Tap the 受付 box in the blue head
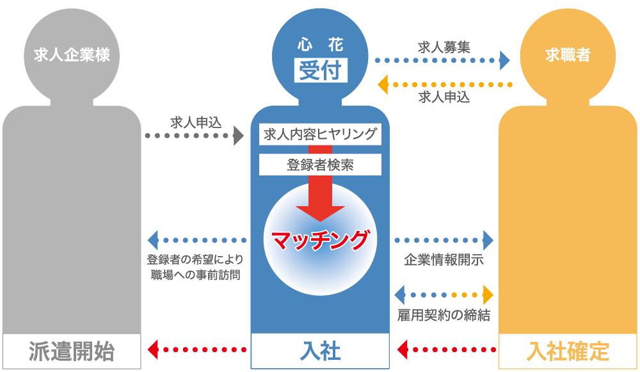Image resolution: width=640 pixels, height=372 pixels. coord(320,69)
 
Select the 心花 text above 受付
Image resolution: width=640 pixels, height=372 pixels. coord(320,45)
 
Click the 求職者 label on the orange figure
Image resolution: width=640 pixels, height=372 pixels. coord(568,55)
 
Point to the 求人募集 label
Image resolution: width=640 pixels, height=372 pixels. coord(444,47)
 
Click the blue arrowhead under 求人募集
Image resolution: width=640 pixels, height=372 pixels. coord(505,61)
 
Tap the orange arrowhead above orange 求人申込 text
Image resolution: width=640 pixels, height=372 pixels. coord(383,84)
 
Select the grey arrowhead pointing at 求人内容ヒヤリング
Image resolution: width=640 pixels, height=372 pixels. coord(239,135)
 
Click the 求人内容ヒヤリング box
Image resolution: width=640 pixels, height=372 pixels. coord(320,135)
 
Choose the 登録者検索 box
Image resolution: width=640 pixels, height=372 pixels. coord(320,165)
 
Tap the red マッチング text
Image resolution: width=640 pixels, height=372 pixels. coord(320,239)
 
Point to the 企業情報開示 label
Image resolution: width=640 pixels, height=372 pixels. coord(444,261)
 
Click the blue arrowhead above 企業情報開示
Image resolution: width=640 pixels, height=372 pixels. coord(489,240)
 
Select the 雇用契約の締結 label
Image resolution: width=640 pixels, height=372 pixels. coord(444,315)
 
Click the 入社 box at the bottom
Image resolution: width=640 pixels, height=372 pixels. coord(320,351)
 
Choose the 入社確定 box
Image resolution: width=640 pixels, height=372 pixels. coord(568,351)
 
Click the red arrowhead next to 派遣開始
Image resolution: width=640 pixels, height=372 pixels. coord(152,350)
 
